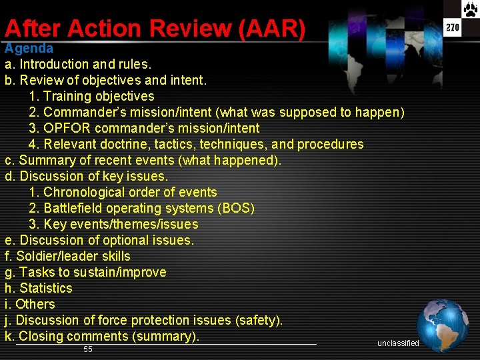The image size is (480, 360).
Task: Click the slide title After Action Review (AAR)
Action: (x=155, y=29)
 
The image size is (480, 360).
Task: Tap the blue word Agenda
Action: (x=29, y=49)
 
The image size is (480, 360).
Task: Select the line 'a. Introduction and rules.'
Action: (x=78, y=65)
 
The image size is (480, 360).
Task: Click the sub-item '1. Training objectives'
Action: (x=91, y=97)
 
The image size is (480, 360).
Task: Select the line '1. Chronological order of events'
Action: (x=123, y=193)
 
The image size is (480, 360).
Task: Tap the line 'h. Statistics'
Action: (x=39, y=289)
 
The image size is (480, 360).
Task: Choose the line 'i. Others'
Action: (x=30, y=305)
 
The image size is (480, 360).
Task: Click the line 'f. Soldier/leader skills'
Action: (x=67, y=257)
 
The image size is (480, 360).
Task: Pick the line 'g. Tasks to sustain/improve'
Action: (x=85, y=273)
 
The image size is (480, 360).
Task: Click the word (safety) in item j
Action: (x=258, y=321)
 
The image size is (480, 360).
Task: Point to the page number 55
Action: (x=88, y=350)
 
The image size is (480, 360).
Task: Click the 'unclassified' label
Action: (x=398, y=343)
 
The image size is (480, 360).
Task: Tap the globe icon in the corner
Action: (x=443, y=325)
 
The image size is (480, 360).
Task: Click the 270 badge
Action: (x=453, y=27)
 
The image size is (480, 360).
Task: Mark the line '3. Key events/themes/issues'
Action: (x=113, y=225)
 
